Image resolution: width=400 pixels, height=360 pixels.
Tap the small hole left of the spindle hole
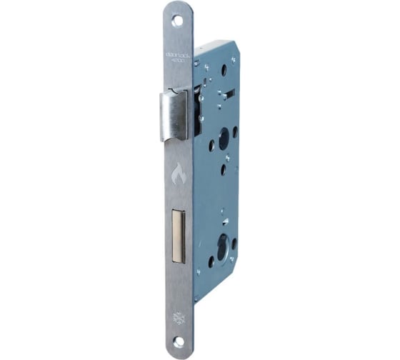(x=211, y=145)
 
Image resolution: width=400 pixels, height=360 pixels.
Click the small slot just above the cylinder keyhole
(x=224, y=222)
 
